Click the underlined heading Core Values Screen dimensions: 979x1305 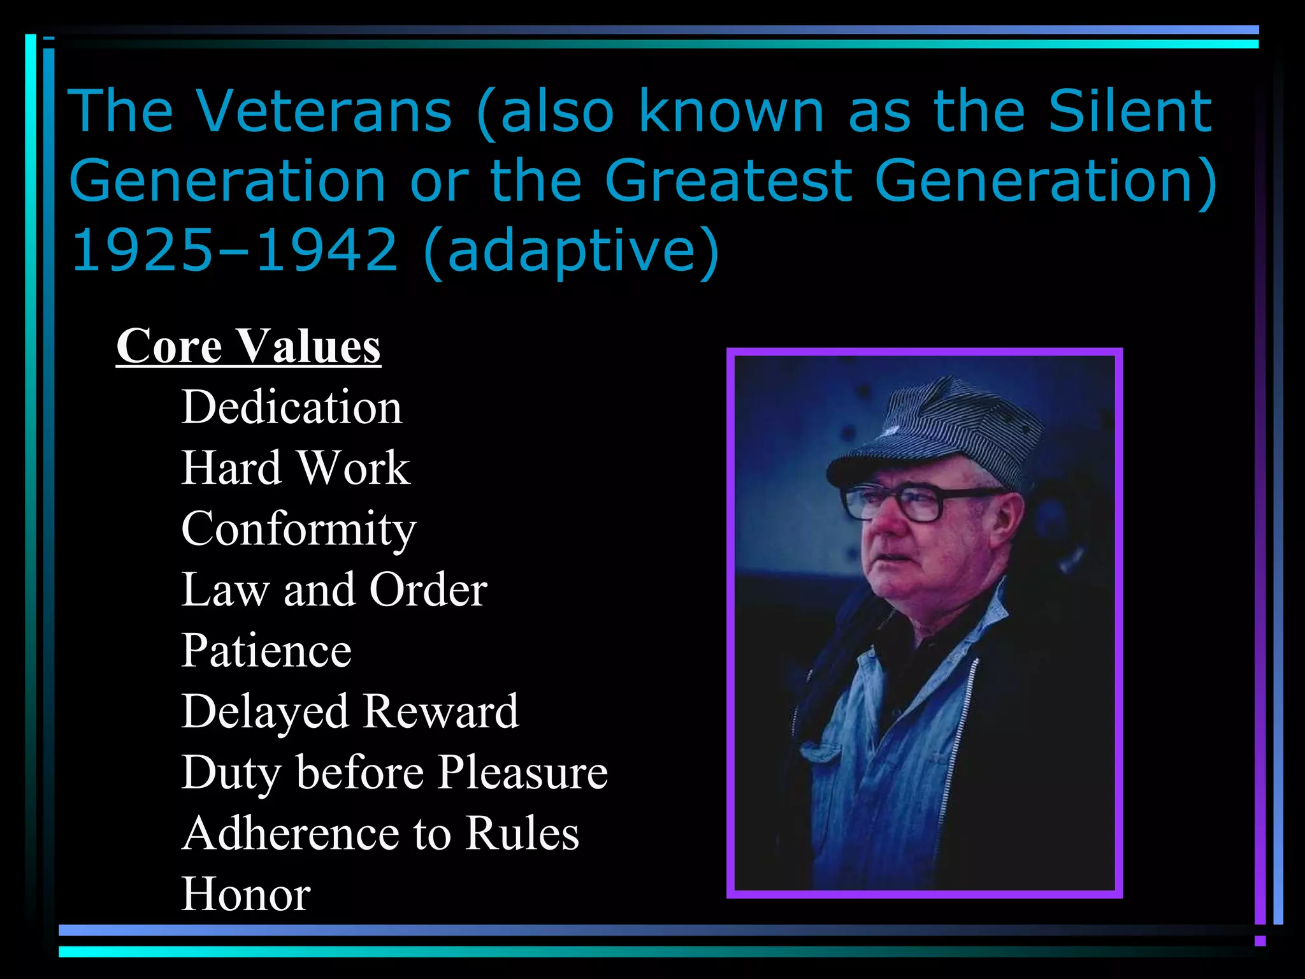point(249,347)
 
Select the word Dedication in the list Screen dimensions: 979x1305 point(292,407)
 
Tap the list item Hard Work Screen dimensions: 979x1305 point(295,468)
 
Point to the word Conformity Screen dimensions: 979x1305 point(298,530)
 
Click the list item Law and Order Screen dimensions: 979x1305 point(334,590)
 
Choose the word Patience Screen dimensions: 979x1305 point(266,651)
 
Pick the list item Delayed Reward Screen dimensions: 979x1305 point(350,712)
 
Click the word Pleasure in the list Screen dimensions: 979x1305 point(523,772)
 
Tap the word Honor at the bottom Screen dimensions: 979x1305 point(246,894)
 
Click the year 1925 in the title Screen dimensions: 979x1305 point(141,250)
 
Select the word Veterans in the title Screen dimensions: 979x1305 point(324,112)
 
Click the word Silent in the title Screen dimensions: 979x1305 point(1129,112)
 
